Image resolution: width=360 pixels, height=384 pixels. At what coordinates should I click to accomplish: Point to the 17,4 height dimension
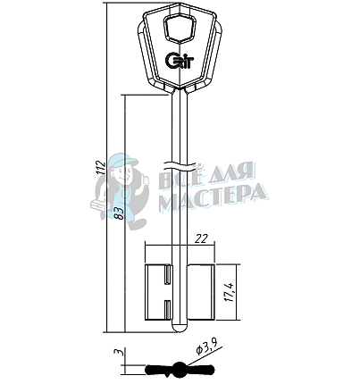pyautogui.click(x=230, y=292)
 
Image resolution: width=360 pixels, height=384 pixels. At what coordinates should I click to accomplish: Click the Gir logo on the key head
pyautogui.click(x=176, y=61)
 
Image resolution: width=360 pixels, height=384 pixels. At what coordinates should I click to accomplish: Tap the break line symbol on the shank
pyautogui.click(x=181, y=167)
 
